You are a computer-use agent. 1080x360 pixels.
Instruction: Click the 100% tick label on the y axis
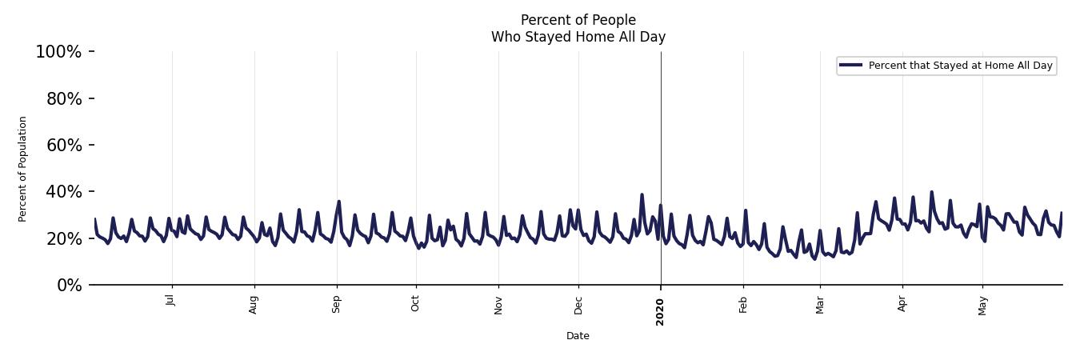click(x=58, y=52)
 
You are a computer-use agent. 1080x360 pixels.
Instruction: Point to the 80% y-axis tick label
click(x=62, y=98)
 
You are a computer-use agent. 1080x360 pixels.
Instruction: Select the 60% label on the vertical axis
click(x=62, y=146)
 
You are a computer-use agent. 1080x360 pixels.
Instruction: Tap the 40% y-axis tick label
click(x=62, y=192)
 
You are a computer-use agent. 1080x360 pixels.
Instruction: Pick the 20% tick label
click(x=62, y=238)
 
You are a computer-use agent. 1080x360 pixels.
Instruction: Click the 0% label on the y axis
click(x=69, y=286)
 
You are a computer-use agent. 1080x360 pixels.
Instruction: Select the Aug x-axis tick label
click(x=254, y=304)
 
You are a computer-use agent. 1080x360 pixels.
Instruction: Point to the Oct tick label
click(x=415, y=303)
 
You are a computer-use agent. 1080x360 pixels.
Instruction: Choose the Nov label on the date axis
click(x=498, y=304)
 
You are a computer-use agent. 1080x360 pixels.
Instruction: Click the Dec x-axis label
click(x=578, y=304)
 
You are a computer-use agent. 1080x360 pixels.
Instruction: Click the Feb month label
click(x=743, y=304)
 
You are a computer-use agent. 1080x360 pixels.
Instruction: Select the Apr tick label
click(x=902, y=304)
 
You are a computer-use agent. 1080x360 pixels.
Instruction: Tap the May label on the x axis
click(x=982, y=305)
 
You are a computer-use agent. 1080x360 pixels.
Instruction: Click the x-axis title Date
click(x=578, y=336)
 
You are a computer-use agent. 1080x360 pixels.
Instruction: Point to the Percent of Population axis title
click(x=23, y=169)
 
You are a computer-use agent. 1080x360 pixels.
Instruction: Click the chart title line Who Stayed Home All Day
click(x=578, y=37)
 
